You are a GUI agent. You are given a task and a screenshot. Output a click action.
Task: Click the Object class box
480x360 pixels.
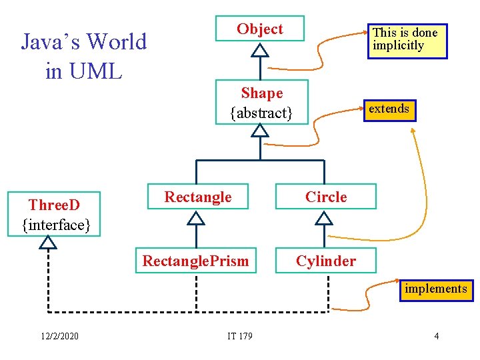click(259, 29)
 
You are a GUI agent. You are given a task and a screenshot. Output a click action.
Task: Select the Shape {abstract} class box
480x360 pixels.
click(261, 103)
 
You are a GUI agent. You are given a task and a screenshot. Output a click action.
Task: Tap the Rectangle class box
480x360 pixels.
click(197, 197)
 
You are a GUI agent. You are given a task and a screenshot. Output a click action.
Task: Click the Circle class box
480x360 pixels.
click(326, 197)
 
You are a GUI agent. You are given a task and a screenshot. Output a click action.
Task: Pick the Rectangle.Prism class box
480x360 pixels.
click(195, 261)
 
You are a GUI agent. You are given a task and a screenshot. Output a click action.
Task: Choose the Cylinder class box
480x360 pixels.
click(326, 261)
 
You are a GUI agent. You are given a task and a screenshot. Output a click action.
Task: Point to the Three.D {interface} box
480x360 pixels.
click(55, 215)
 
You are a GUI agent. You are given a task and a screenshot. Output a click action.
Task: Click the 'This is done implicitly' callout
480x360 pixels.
click(407, 39)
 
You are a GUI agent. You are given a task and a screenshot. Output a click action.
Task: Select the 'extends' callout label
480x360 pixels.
click(389, 109)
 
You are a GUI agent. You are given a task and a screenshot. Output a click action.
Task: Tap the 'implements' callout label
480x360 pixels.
click(435, 289)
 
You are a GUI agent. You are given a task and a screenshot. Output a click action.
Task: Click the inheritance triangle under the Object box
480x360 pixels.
click(261, 50)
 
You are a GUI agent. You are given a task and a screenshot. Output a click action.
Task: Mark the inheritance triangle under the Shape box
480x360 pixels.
click(261, 131)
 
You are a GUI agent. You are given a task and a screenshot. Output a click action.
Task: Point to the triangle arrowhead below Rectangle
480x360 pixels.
click(196, 217)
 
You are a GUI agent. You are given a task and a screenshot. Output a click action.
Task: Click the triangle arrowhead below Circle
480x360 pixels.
click(324, 217)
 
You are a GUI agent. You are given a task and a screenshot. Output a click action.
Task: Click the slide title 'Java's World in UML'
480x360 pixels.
click(84, 55)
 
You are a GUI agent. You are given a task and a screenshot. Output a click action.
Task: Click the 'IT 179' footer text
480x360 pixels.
click(239, 336)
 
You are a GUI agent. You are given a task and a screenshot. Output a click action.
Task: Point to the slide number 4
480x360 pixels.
click(436, 336)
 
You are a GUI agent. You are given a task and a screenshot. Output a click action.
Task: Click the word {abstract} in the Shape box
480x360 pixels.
click(261, 113)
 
